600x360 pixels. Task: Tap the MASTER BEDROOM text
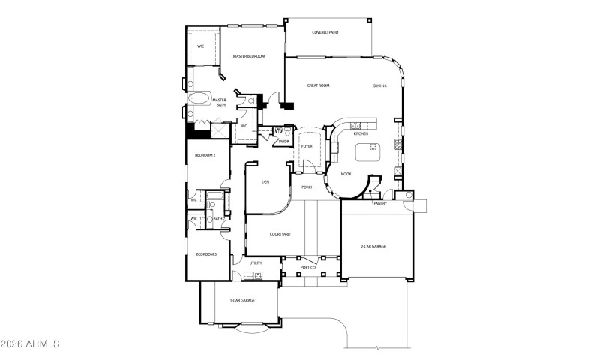[248, 56]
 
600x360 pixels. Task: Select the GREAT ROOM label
[319, 85]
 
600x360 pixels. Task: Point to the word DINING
[380, 85]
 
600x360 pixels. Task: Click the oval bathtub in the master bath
[199, 98]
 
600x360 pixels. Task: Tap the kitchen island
[367, 152]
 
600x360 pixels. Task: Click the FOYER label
[307, 146]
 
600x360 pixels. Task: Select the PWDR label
[285, 140]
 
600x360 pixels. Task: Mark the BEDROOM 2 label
[205, 155]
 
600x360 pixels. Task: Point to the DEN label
[265, 182]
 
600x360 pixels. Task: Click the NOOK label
[346, 174]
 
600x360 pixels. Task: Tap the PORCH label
[307, 187]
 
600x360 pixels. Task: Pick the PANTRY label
[379, 202]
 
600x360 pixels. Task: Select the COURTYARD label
[264, 234]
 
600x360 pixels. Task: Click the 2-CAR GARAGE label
[373, 246]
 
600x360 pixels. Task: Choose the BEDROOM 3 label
[206, 254]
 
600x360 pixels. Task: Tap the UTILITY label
[256, 263]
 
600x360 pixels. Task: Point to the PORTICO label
[307, 267]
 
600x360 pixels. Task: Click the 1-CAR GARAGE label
[242, 300]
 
